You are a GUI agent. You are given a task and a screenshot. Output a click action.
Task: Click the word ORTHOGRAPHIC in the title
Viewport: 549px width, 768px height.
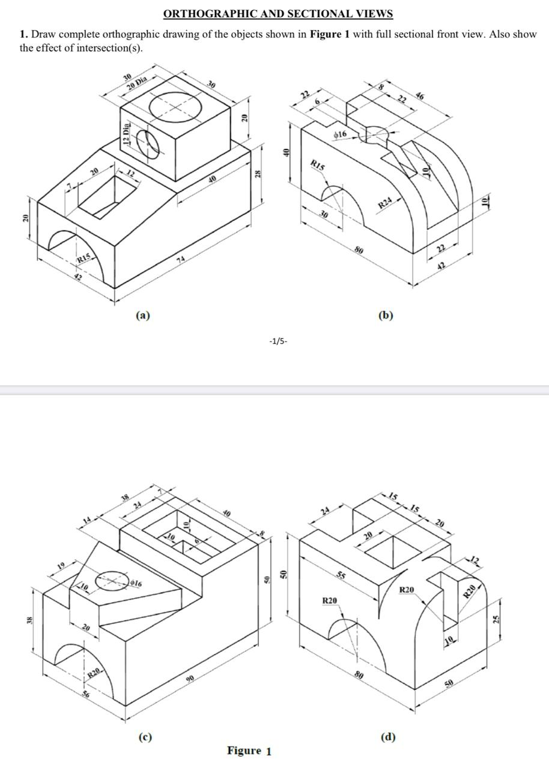point(199,14)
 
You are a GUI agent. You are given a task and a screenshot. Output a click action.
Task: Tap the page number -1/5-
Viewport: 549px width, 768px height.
point(278,341)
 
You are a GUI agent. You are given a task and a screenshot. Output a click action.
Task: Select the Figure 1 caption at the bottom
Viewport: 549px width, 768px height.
point(249,751)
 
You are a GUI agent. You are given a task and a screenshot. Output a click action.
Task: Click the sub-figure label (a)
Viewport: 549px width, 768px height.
point(142,315)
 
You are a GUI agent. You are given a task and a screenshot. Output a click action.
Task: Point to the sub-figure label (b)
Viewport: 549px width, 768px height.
point(386,315)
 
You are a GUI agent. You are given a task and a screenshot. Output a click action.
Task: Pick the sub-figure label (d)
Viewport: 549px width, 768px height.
point(388,736)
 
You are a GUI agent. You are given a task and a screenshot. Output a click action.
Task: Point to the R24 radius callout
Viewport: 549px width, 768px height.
point(385,205)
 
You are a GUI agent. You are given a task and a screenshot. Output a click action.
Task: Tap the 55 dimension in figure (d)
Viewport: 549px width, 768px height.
point(341,576)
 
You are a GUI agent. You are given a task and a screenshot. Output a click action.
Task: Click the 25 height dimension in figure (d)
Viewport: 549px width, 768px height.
point(496,619)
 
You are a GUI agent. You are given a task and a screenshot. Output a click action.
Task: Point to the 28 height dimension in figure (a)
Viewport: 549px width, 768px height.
point(258,174)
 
